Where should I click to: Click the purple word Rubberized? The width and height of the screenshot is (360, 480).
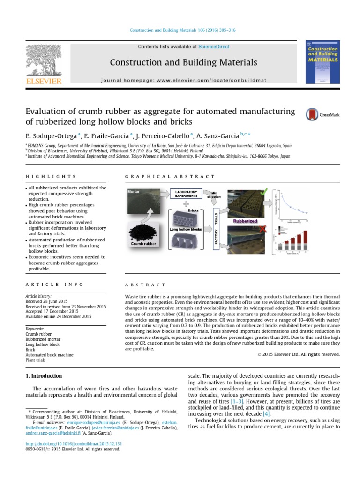[x=242, y=220]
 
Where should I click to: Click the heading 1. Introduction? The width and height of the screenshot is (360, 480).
[x=43, y=376]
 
